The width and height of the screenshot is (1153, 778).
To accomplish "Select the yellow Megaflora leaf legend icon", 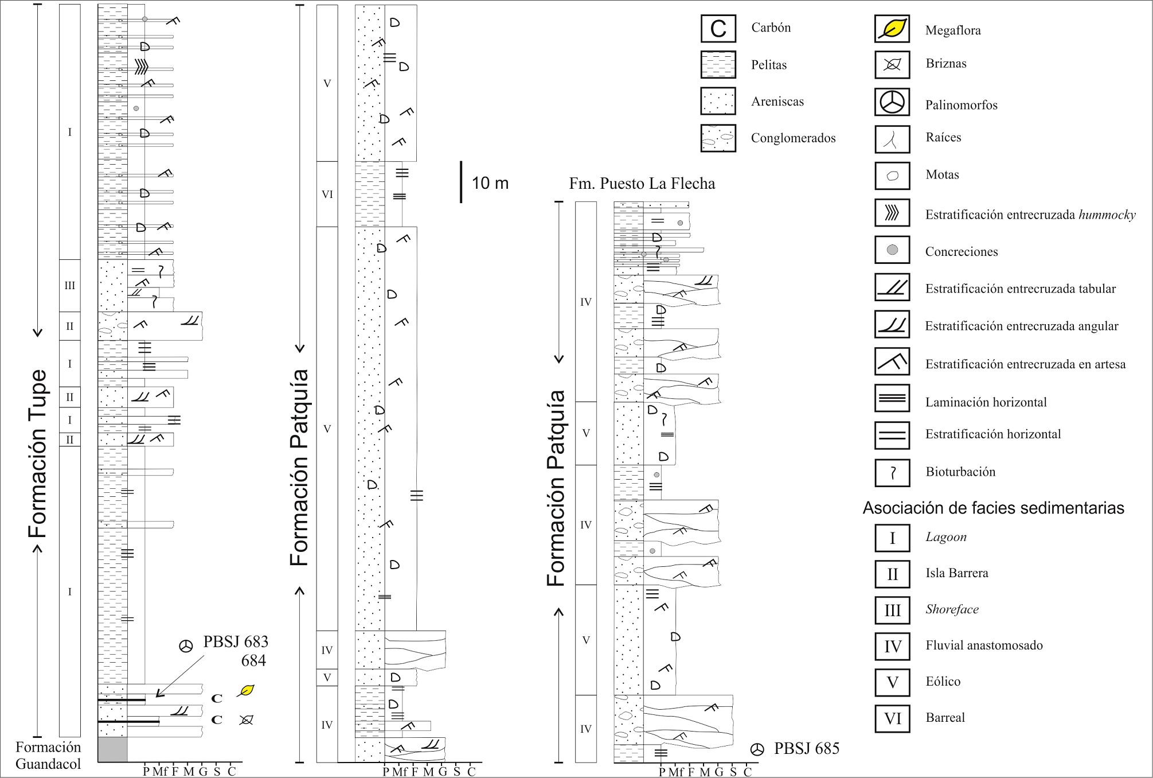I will click(892, 29).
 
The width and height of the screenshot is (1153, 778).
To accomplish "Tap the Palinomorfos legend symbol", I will click(892, 103).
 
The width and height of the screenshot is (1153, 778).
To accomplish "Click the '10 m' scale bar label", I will click(490, 183).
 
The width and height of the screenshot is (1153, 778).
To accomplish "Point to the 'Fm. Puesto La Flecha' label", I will click(642, 184).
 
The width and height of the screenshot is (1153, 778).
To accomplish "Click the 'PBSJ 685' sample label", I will click(806, 748).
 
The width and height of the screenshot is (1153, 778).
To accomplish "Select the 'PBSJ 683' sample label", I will click(235, 641).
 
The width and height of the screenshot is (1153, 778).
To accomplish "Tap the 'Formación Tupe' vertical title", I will click(38, 453).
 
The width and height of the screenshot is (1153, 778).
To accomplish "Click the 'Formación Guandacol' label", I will click(48, 755).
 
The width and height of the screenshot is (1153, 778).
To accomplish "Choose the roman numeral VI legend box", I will click(892, 718).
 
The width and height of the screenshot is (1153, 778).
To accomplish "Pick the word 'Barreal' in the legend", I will click(945, 717).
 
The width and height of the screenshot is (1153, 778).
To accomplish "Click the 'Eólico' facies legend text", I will click(943, 681).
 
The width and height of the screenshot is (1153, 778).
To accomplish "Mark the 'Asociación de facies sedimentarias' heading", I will click(993, 508).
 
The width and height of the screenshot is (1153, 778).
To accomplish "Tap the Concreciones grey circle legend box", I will click(892, 250).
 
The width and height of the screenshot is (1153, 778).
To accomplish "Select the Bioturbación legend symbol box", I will click(892, 473).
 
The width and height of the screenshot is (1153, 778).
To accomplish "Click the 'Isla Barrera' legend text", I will click(956, 573).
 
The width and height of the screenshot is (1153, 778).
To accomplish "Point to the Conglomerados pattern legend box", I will click(718, 138).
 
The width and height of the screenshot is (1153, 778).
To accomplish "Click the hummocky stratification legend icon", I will click(892, 213).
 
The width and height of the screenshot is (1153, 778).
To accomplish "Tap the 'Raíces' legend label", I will click(943, 137).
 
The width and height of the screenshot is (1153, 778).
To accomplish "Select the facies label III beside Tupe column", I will click(70, 285).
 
